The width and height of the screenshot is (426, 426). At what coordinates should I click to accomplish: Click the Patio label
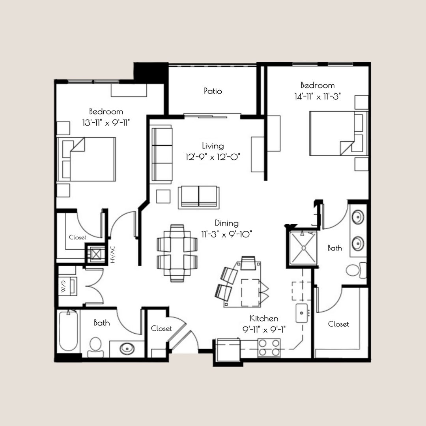[213, 91]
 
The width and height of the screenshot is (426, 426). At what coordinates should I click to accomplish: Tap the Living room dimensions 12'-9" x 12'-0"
[213, 157]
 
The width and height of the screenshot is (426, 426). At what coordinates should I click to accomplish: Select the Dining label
[226, 223]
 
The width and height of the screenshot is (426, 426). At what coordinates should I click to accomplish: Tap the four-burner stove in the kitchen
[269, 348]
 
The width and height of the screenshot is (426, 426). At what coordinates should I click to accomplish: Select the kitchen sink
[303, 313]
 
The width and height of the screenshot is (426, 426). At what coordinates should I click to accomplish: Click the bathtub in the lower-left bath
[68, 331]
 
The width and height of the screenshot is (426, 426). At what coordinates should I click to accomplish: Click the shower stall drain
[304, 248]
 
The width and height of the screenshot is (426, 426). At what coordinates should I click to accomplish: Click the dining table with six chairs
[177, 253]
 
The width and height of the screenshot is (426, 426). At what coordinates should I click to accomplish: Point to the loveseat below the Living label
[198, 197]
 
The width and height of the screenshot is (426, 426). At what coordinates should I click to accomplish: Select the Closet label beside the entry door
[162, 329]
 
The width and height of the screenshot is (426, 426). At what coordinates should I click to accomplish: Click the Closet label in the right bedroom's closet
[338, 324]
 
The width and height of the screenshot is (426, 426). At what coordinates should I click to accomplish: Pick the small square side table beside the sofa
[163, 196]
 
